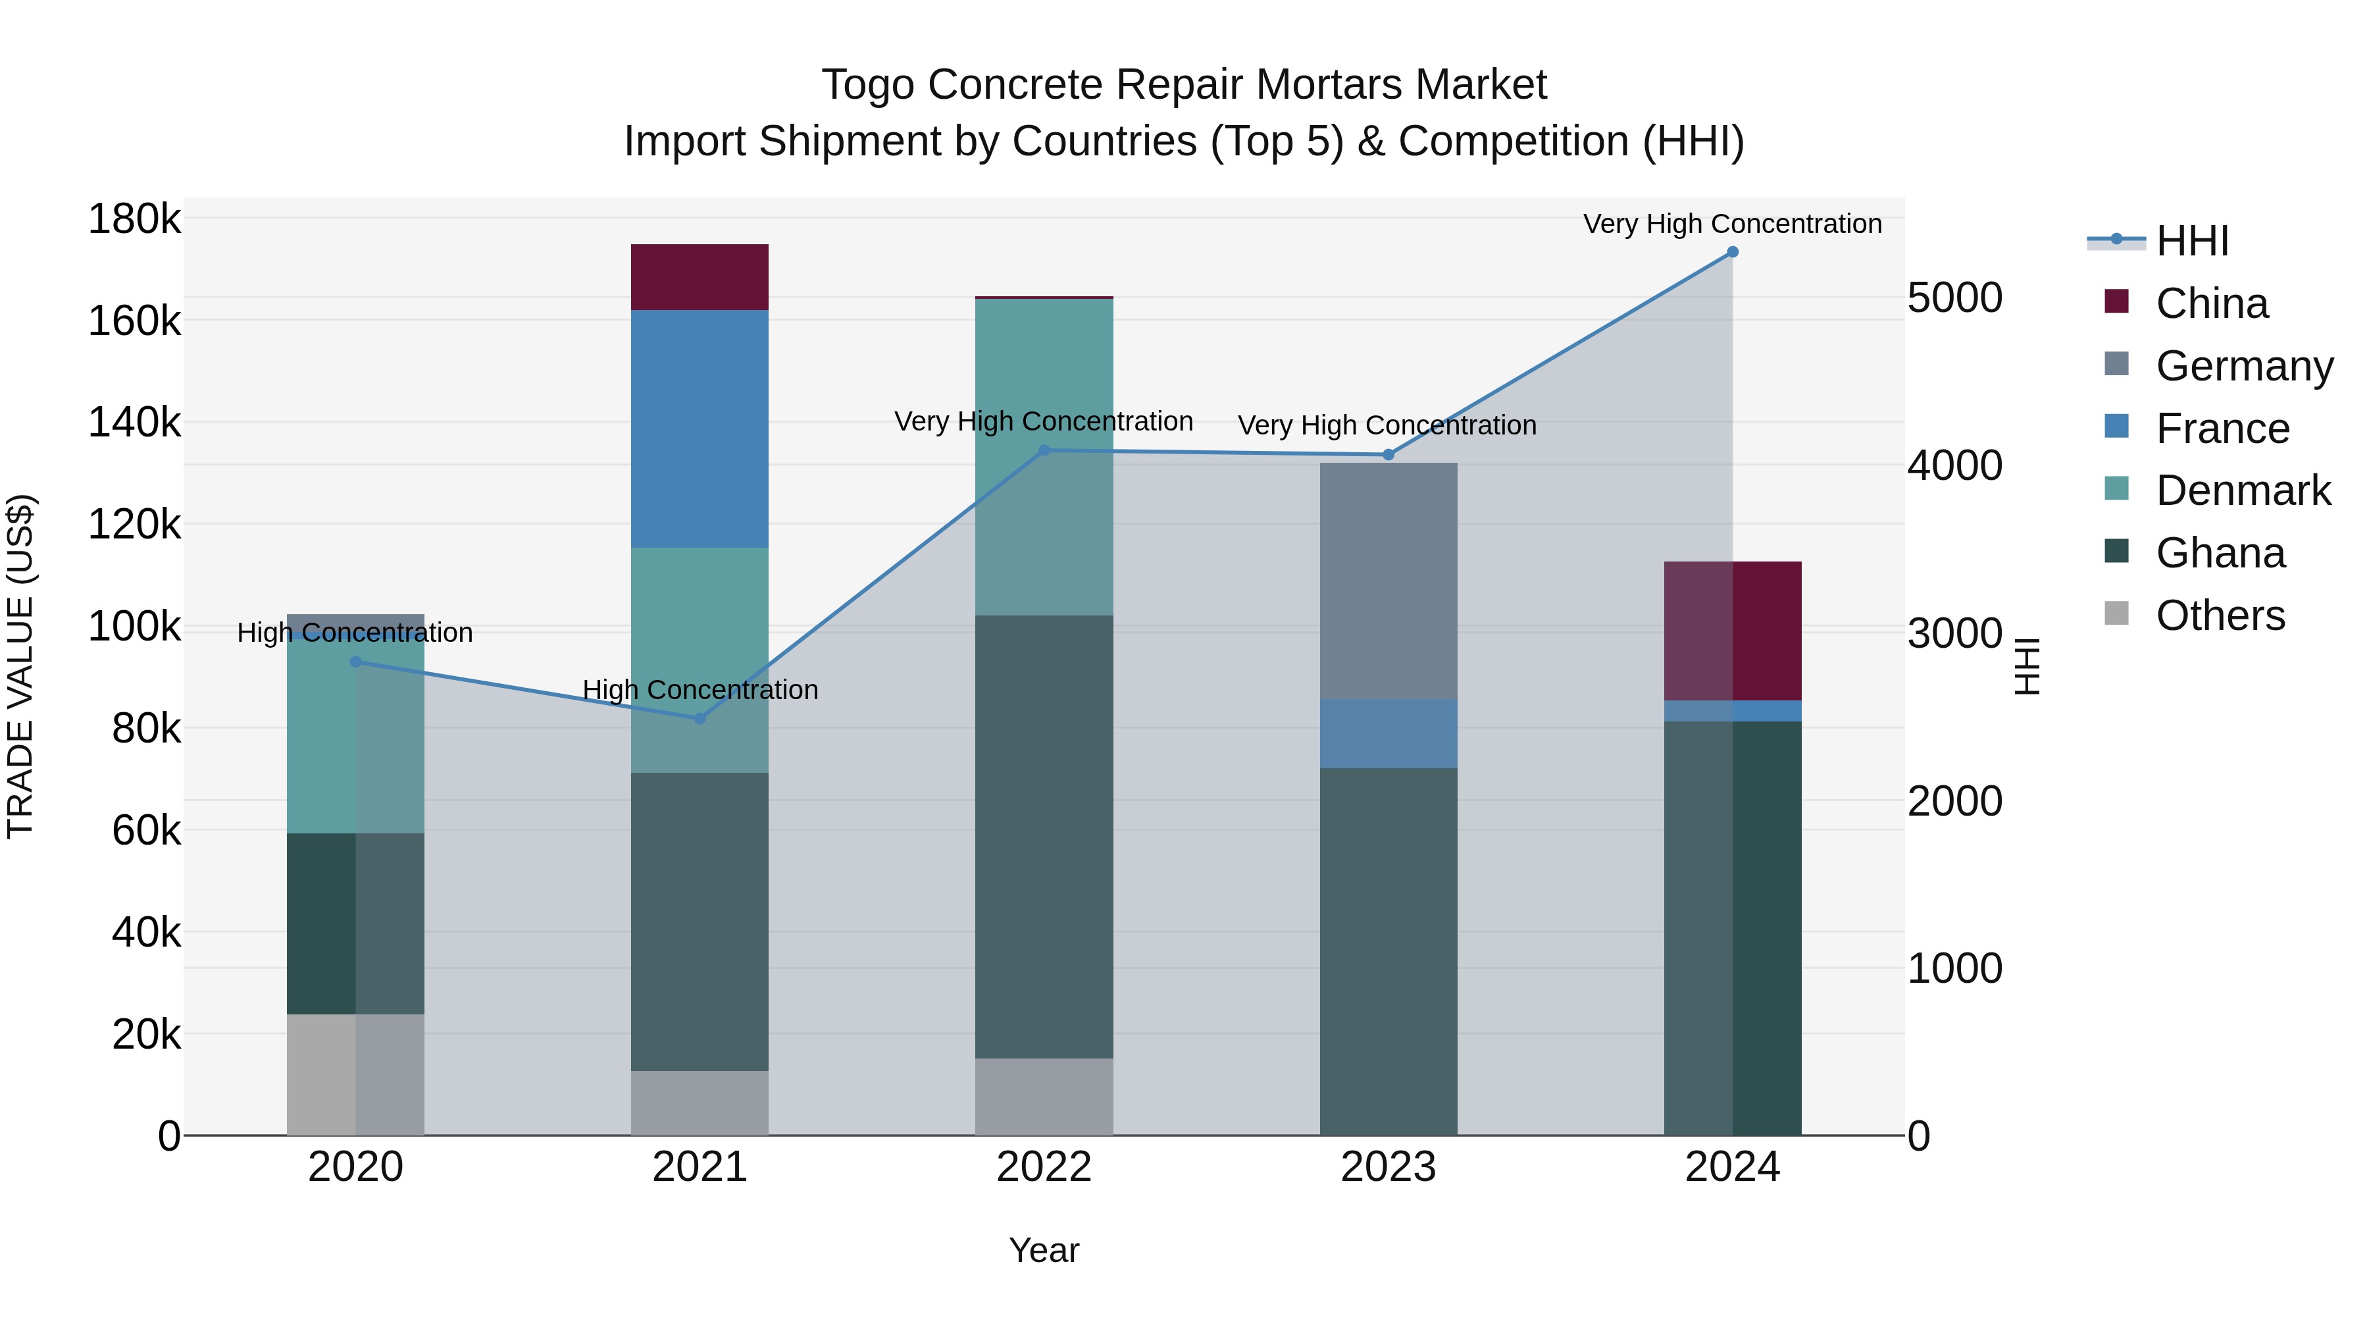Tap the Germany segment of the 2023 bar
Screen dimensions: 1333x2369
(x=1388, y=581)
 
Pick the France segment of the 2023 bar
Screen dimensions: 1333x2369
(x=1388, y=733)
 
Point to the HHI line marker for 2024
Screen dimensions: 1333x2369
(x=1733, y=252)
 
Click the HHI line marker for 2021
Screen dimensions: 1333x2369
(x=700, y=718)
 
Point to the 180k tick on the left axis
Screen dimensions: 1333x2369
(x=134, y=219)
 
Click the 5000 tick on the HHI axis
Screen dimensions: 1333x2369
(x=1954, y=298)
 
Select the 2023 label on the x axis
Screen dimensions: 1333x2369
(x=1388, y=1167)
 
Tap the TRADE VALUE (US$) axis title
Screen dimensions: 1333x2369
(x=20, y=666)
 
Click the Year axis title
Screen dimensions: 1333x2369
(x=1044, y=1250)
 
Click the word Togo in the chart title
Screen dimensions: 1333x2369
(x=868, y=85)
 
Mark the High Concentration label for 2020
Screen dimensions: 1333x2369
(x=355, y=633)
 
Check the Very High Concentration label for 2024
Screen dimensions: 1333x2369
(x=1732, y=224)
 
